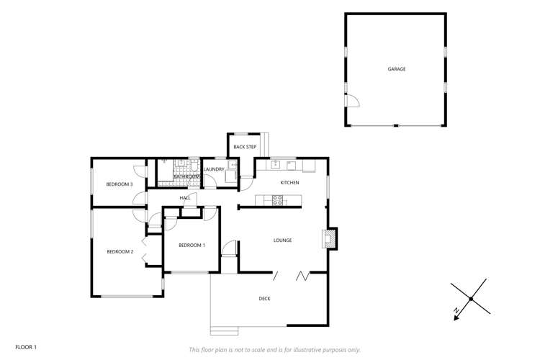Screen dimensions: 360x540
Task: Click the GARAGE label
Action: pos(397,69)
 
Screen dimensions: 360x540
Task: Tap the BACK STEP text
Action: pos(245,147)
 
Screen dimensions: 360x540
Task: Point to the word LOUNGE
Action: pos(282,240)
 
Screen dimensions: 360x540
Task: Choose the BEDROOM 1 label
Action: pos(192,246)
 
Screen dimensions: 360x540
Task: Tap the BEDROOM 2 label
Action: pos(120,251)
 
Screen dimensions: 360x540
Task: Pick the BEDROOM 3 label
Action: pos(120,184)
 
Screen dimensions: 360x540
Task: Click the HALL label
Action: pos(185,197)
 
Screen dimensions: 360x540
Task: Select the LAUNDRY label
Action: pos(214,170)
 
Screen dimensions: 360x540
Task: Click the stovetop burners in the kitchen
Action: pos(277,200)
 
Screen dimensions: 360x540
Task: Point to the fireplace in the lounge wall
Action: pos(330,238)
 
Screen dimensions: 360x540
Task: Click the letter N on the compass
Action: pos(456,310)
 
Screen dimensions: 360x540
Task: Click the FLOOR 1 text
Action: pos(25,347)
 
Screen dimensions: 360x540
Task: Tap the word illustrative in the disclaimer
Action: pos(314,349)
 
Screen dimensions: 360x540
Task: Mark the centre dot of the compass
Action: pos(471,298)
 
